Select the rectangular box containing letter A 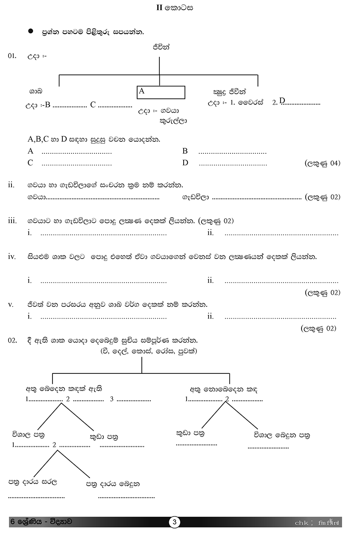point(161,92)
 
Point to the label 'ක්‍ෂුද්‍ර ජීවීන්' point(230,91)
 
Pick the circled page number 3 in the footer point(175,522)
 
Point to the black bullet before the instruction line point(30,31)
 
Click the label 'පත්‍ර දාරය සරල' point(32,482)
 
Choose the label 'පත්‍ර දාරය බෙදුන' point(113,484)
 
